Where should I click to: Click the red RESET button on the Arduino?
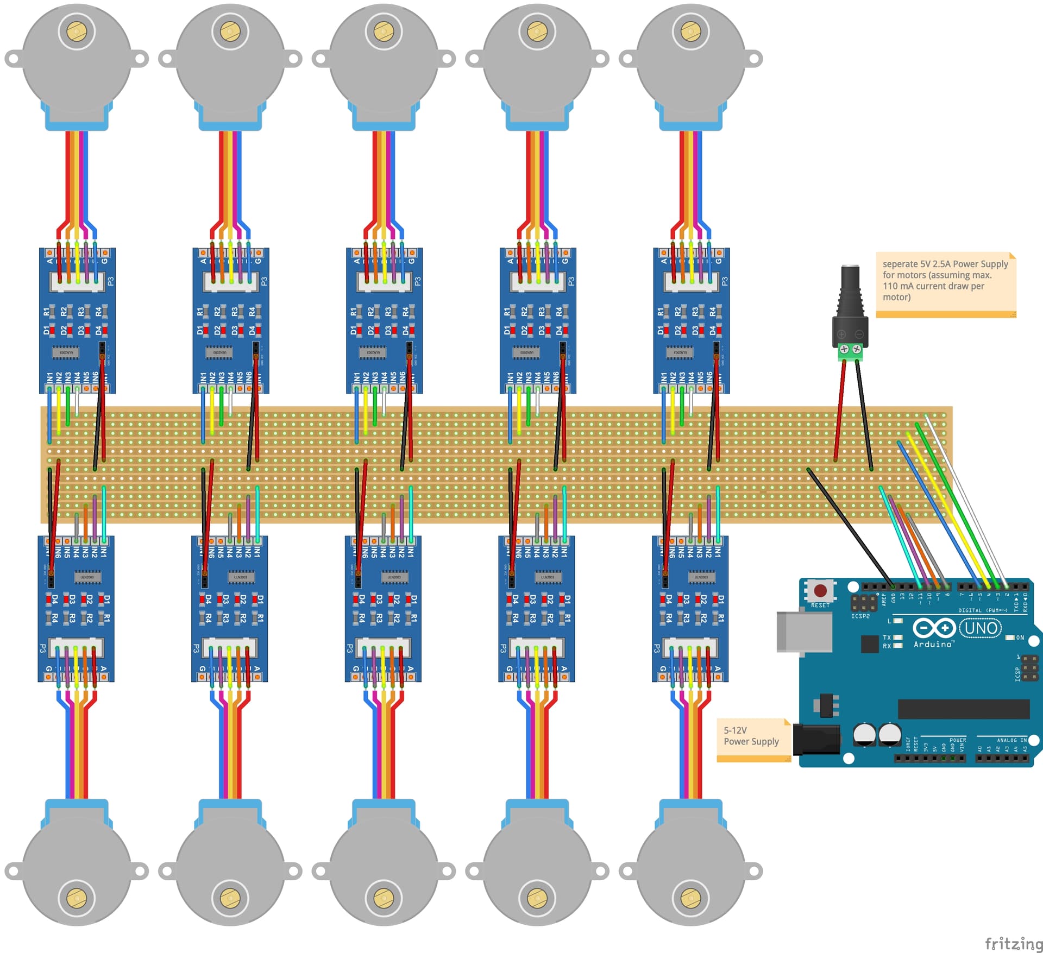point(820,590)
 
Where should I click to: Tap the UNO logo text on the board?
point(981,628)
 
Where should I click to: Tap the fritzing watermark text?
point(1013,943)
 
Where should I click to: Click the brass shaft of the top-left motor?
point(77,31)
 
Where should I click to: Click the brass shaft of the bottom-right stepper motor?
point(690,898)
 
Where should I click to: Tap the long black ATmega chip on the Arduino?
point(963,709)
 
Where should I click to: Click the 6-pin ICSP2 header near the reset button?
point(863,602)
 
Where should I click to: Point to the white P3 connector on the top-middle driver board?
point(384,281)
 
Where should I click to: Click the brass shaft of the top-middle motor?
point(384,31)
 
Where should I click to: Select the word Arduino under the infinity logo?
point(933,644)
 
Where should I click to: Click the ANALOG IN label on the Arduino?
point(1011,740)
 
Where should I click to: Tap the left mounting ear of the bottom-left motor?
point(12,872)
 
